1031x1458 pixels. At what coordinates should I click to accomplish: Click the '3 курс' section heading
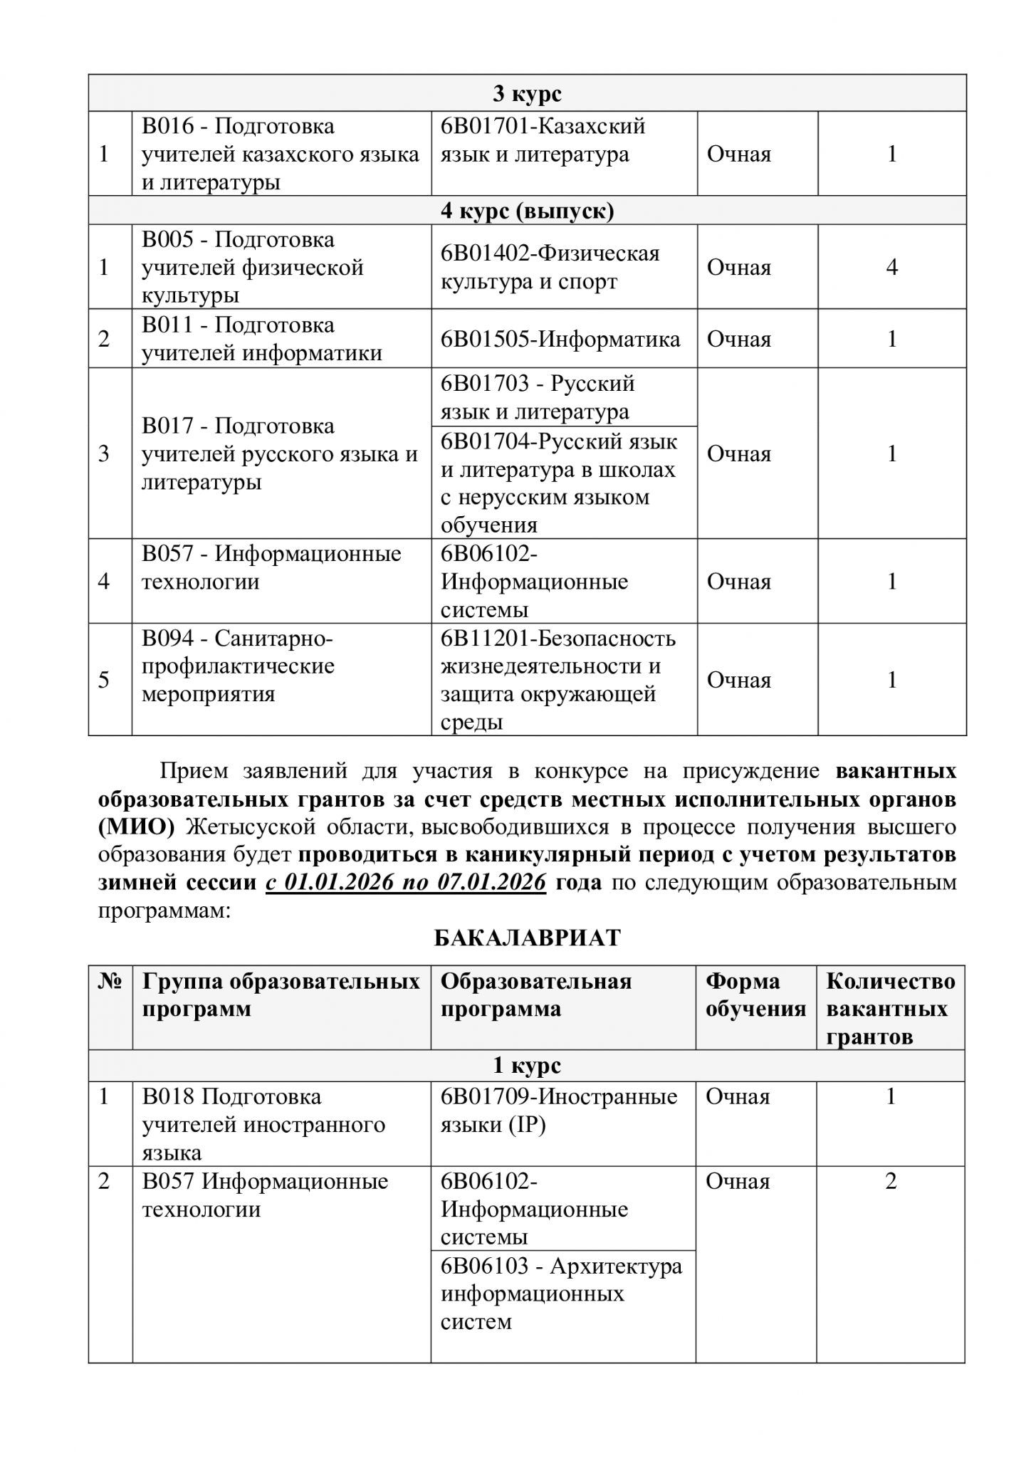527,93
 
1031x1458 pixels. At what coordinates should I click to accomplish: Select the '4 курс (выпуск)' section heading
527,211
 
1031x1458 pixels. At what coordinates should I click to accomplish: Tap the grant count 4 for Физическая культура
891,268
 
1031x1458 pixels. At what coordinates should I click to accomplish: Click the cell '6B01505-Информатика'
560,339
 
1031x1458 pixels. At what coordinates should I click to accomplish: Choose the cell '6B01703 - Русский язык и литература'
538,397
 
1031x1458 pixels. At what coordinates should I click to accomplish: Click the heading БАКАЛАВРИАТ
528,938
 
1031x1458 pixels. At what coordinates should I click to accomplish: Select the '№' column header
110,982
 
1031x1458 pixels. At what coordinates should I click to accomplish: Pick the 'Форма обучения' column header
755,995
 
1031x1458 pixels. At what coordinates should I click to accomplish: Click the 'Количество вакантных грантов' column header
890,1009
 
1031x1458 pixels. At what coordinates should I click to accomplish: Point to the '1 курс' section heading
527,1066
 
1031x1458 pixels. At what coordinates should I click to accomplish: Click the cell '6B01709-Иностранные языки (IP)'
559,1111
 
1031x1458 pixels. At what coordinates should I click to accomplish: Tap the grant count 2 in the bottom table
890,1182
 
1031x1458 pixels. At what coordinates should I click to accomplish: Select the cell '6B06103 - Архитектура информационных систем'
561,1294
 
